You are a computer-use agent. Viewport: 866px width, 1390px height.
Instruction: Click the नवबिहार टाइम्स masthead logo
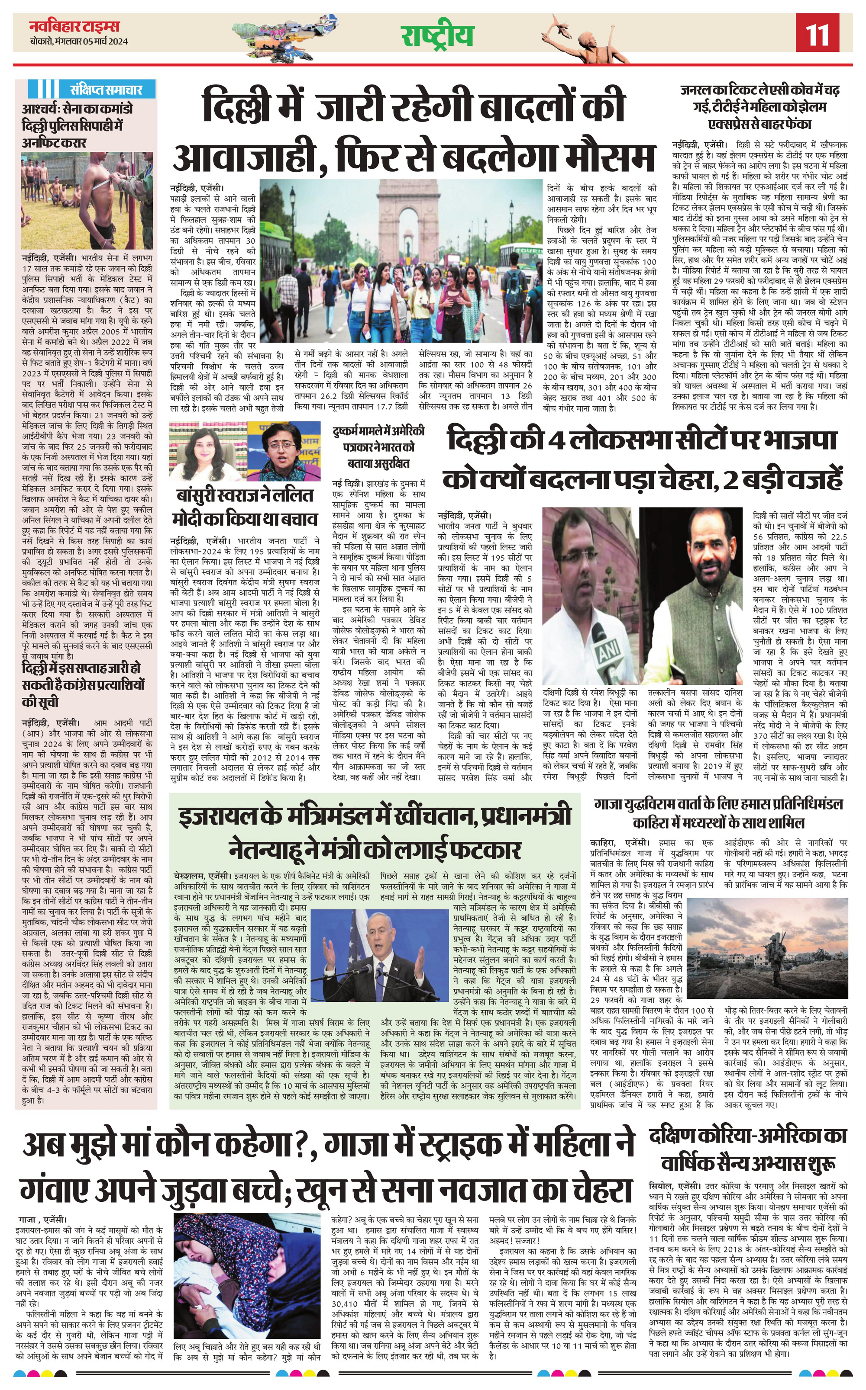(74, 26)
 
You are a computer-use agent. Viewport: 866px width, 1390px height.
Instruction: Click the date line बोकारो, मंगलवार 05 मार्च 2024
(79, 41)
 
